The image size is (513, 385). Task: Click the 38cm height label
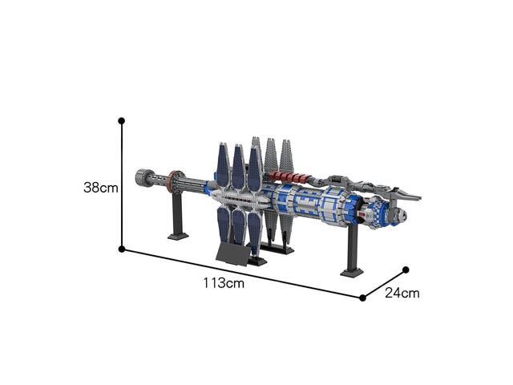point(100,188)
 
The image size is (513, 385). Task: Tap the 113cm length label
point(224,283)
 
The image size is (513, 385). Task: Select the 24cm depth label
point(402,293)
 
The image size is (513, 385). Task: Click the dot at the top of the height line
point(121,121)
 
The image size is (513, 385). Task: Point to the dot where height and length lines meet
point(122,249)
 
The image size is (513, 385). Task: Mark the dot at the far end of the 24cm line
point(406,269)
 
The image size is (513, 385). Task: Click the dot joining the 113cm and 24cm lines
point(362,298)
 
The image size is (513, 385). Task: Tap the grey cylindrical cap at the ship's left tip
point(143,178)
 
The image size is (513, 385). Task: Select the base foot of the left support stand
point(178,236)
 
